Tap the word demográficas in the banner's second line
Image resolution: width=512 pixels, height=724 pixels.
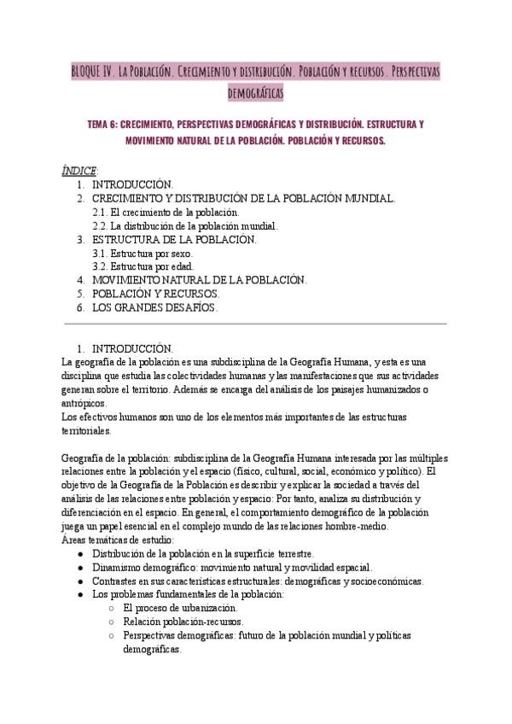[x=256, y=90]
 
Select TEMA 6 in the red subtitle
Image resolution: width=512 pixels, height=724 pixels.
[x=108, y=124]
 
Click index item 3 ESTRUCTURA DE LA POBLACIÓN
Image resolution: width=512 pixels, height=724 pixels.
[x=173, y=239]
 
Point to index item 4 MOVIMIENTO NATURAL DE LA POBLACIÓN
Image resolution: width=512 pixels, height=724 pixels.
[x=199, y=279]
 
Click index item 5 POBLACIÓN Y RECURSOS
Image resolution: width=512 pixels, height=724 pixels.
[x=148, y=293]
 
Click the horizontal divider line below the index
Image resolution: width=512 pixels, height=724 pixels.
[x=256, y=324]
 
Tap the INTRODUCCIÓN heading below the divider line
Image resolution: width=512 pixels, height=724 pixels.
[x=132, y=348]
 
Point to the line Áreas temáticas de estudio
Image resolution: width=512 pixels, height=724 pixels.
[x=119, y=540]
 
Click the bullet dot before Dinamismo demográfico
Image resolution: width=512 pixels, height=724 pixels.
[x=79, y=568]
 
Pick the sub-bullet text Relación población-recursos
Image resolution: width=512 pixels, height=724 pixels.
[x=183, y=622]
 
